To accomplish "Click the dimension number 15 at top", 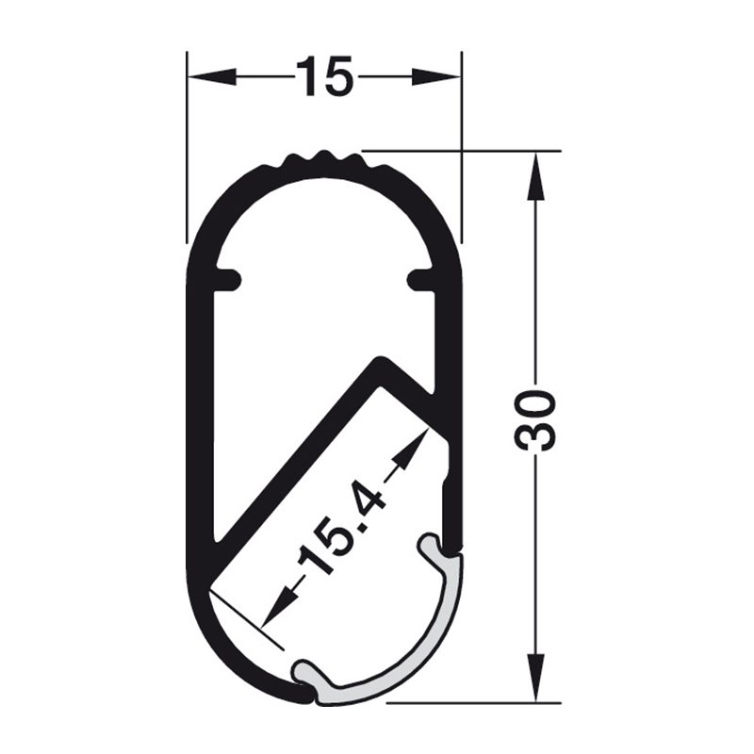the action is pyautogui.click(x=324, y=75).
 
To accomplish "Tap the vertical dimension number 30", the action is pyautogui.click(x=536, y=420).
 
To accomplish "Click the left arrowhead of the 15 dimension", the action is pyautogui.click(x=211, y=76).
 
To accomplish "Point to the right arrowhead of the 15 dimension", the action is pyautogui.click(x=436, y=76).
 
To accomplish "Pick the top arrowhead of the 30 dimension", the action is pyautogui.click(x=536, y=176).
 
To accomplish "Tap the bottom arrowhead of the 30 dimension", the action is pyautogui.click(x=536, y=678).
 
